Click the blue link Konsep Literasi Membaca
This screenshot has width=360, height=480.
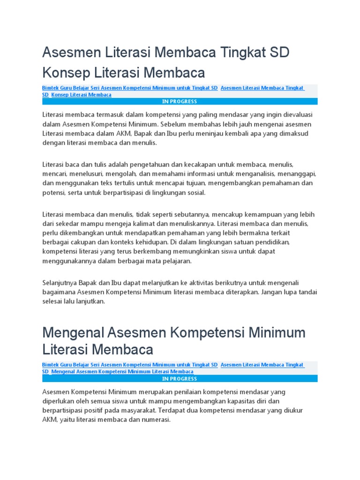point(81,95)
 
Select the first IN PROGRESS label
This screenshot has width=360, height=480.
point(180,101)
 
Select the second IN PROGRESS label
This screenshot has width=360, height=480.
point(180,378)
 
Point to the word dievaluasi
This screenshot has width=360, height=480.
point(296,115)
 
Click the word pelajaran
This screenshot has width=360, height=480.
point(176,261)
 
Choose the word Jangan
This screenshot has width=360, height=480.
point(270,292)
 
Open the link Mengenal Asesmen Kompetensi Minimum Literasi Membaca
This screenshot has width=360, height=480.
point(122,371)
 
